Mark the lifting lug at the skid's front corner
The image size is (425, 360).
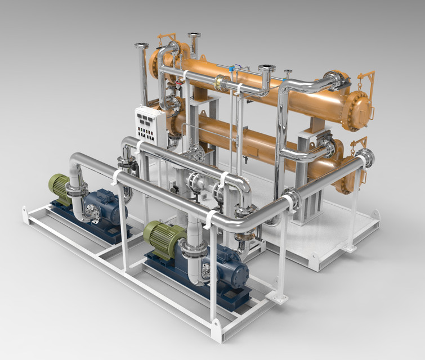216,332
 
